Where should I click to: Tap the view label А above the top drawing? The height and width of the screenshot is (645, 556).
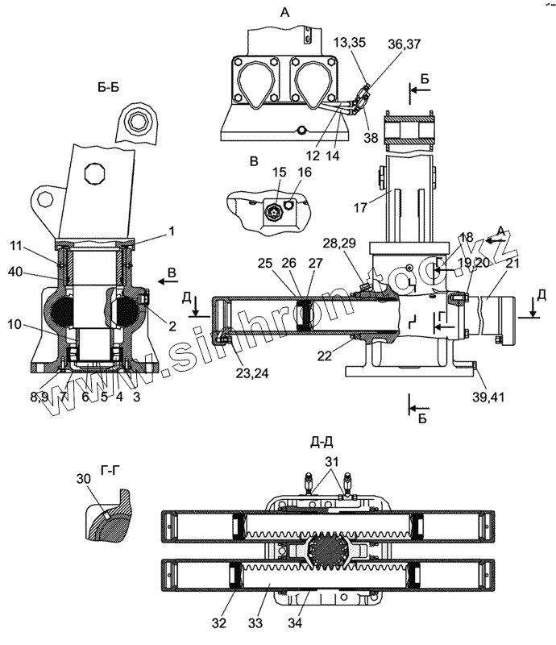284,12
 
